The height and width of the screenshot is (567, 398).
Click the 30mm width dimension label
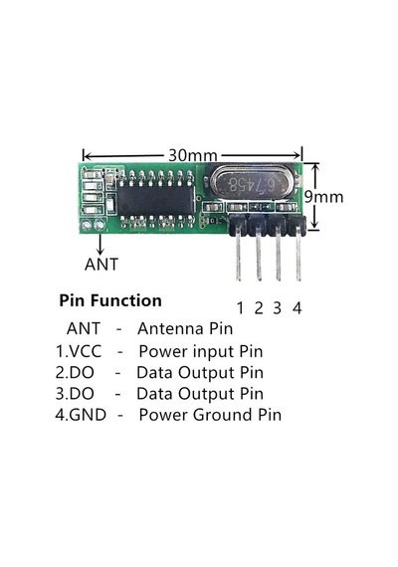[x=192, y=155]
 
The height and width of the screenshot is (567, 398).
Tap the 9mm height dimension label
[x=323, y=197]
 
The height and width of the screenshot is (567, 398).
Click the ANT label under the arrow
[x=101, y=265]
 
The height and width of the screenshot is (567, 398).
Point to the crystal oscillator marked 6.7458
[x=252, y=183]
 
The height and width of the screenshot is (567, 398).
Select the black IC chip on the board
[x=155, y=201]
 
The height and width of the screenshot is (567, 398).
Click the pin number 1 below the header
[x=240, y=308]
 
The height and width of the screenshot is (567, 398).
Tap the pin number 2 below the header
[x=259, y=308]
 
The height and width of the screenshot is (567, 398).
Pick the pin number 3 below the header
[x=278, y=308]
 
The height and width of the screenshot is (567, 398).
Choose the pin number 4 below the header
[x=297, y=308]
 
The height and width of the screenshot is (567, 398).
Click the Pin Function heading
[x=110, y=300]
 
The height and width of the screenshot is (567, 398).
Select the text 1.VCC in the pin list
[x=79, y=351]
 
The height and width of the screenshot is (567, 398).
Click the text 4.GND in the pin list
[x=81, y=415]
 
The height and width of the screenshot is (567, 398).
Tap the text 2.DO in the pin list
[x=75, y=372]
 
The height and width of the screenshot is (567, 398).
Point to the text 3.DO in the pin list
[x=75, y=394]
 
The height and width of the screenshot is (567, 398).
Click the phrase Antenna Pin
[x=185, y=328]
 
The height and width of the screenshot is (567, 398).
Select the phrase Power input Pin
[x=201, y=351]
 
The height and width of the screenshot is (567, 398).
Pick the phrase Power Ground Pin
[x=210, y=415]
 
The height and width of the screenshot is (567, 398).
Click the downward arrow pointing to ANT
[x=100, y=243]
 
